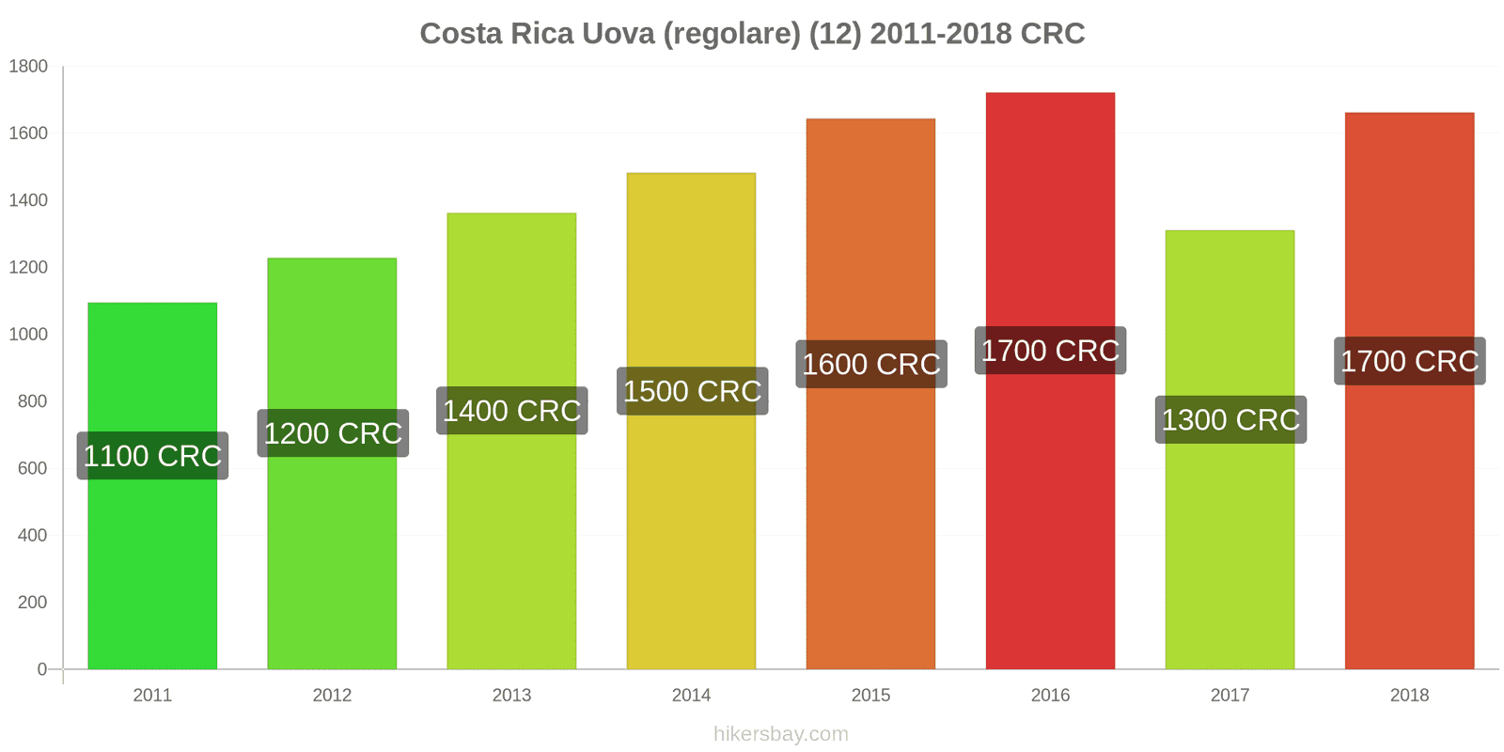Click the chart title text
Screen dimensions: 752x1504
[x=752, y=34]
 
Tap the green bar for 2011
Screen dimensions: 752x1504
[x=152, y=564]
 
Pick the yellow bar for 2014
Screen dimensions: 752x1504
[x=691, y=526]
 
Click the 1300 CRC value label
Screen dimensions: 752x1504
[x=1230, y=419]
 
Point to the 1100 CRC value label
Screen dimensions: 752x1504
[x=152, y=456]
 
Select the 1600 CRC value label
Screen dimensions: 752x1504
[x=871, y=364]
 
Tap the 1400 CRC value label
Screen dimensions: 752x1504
[x=512, y=411]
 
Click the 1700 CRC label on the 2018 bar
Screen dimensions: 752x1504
[x=1410, y=361]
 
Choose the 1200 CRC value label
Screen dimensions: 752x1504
[x=333, y=433]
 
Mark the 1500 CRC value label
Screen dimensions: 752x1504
[x=692, y=391]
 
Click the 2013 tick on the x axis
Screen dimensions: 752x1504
[x=511, y=696]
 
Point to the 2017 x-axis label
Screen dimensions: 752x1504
[x=1230, y=696]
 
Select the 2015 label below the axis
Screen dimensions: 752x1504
[x=870, y=696]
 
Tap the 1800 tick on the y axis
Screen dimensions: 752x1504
[x=28, y=67]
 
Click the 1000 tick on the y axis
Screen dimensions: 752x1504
[x=28, y=335]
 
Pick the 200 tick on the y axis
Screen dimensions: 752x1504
[x=32, y=603]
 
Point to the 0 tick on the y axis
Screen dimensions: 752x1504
[x=41, y=669]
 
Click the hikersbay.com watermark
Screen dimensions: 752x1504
[x=780, y=734]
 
